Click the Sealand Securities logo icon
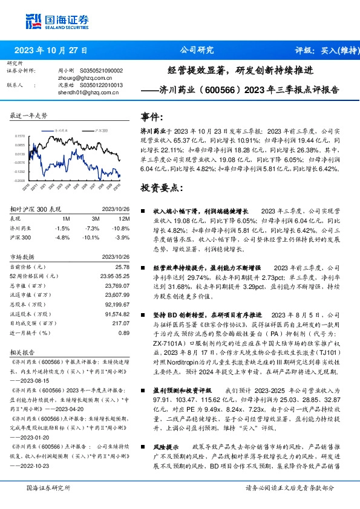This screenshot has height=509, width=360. click(x=33, y=21)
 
